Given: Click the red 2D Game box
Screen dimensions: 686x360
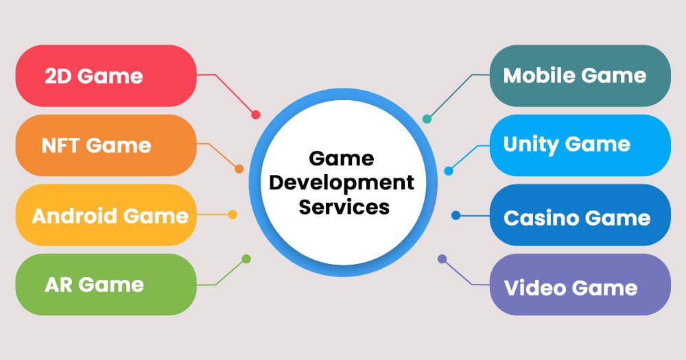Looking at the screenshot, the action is [106, 75].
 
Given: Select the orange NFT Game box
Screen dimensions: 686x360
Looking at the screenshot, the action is [106, 145].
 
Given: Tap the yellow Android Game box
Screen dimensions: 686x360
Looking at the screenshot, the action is [106, 215].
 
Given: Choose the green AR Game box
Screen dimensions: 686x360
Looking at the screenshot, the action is [106, 285].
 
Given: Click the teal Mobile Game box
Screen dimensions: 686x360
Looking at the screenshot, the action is [580, 75].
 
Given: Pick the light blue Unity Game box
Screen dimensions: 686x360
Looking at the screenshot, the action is [580, 145].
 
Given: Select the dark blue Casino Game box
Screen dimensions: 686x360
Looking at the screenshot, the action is [580, 215].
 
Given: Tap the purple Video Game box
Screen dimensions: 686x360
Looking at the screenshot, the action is [580, 285].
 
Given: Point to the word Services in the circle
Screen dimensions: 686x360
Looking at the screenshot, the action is [344, 207].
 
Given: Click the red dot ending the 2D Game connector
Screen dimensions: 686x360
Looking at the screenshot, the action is [255, 115].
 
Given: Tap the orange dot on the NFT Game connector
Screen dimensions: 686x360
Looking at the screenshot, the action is [239, 169].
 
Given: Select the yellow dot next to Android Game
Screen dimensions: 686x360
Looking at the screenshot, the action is [233, 215].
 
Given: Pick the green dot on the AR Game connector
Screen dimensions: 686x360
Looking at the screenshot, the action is [246, 259].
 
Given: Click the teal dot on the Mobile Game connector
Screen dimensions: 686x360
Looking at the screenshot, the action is [427, 119].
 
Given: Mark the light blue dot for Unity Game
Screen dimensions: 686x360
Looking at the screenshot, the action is [449, 171].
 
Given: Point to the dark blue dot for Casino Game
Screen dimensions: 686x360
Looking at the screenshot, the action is [456, 215].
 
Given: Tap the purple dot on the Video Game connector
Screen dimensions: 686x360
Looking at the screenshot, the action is [442, 259].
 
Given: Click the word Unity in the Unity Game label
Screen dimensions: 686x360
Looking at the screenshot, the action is [531, 145].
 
